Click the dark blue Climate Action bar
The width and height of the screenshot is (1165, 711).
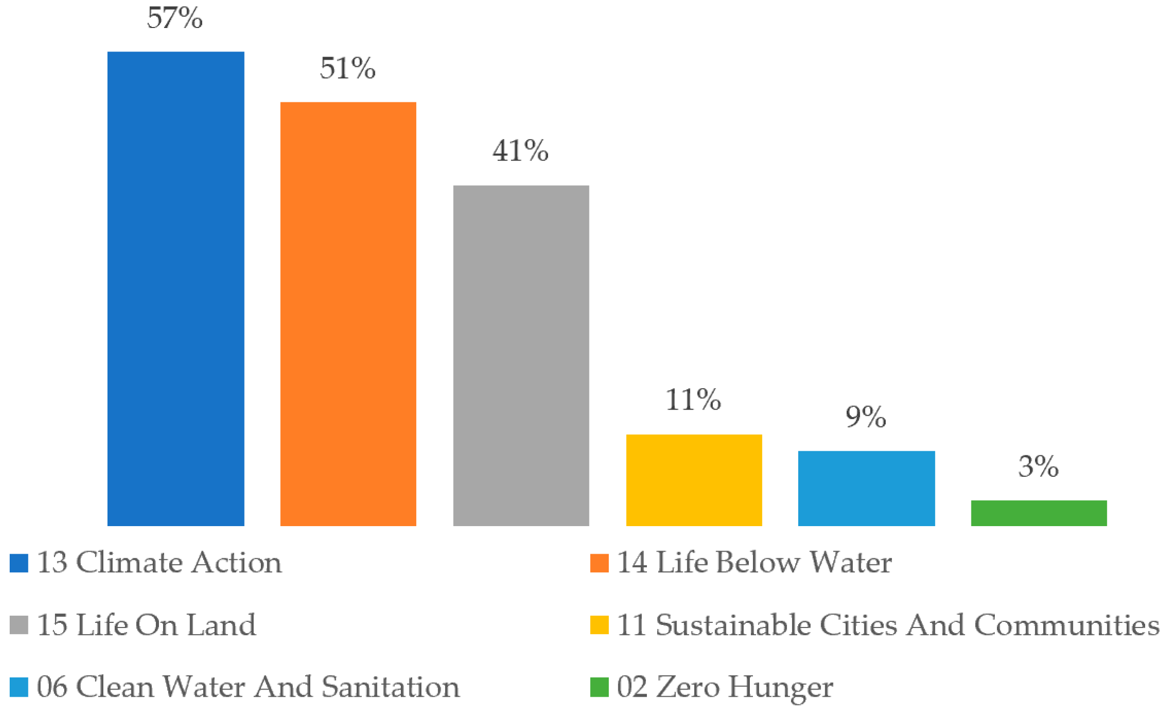[176, 288]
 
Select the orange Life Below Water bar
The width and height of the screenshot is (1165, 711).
[348, 314]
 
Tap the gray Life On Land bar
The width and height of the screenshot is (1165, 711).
[521, 355]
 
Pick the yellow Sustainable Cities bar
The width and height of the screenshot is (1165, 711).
[694, 480]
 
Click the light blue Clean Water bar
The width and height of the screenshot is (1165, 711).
[866, 488]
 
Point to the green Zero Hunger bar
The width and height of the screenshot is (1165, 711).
[1039, 513]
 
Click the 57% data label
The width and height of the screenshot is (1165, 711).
[175, 18]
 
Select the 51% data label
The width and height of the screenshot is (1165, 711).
[347, 69]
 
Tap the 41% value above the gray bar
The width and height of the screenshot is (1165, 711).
[520, 151]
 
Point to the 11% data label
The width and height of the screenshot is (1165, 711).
[693, 400]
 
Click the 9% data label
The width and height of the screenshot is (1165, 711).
[865, 417]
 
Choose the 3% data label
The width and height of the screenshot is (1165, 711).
[1038, 467]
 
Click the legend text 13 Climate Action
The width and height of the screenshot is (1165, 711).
[159, 563]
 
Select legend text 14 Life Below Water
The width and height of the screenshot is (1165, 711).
[754, 563]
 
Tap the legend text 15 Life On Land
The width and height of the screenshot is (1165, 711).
[146, 625]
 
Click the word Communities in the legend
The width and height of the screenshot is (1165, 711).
[1067, 625]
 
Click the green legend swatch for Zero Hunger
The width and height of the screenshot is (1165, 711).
[599, 687]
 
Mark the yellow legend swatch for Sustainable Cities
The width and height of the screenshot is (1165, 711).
[599, 625]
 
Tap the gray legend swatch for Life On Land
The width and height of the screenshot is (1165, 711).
[19, 625]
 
